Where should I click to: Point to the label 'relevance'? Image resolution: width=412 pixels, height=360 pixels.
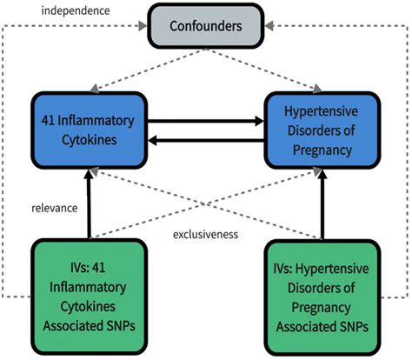coord(51,210)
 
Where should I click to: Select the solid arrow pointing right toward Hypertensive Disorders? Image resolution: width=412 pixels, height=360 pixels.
coord(203,120)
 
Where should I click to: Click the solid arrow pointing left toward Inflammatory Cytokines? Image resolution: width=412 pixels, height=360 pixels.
coord(203,139)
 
